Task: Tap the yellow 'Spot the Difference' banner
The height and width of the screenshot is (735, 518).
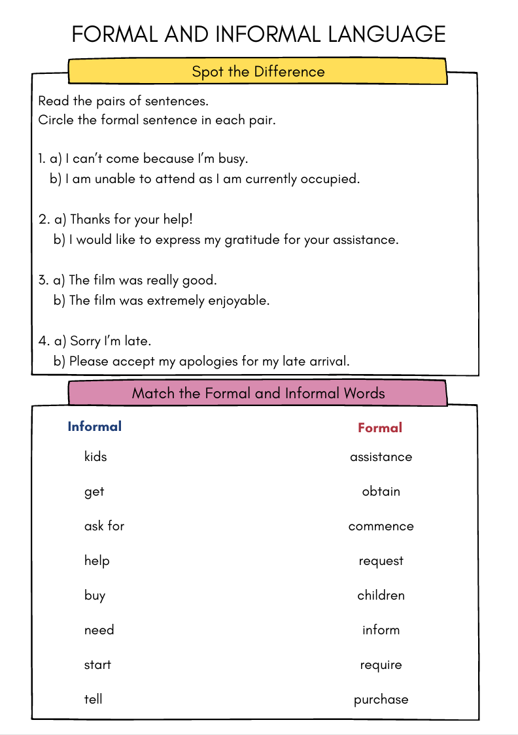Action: [258, 71]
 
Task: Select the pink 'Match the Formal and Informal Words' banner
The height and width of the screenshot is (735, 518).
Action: [258, 393]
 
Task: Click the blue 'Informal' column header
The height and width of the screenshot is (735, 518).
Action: [95, 426]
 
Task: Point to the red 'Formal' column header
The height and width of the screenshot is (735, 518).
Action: [380, 428]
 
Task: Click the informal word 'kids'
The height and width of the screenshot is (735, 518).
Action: [95, 456]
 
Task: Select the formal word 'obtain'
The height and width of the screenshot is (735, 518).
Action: [381, 491]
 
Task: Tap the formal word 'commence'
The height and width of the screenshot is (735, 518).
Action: [381, 526]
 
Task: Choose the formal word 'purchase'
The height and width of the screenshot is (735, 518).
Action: [381, 700]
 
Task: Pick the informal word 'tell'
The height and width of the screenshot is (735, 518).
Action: [94, 699]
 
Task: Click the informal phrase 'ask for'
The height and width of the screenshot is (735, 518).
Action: [104, 526]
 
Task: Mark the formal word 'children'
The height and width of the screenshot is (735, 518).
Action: [381, 595]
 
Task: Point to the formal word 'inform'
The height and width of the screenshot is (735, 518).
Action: [381, 630]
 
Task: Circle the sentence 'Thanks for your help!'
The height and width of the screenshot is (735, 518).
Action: [131, 219]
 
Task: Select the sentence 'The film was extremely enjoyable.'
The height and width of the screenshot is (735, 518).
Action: [169, 301]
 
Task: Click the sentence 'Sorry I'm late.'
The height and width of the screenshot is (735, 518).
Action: [111, 341]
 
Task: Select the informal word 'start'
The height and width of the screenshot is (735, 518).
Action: [97, 664]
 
